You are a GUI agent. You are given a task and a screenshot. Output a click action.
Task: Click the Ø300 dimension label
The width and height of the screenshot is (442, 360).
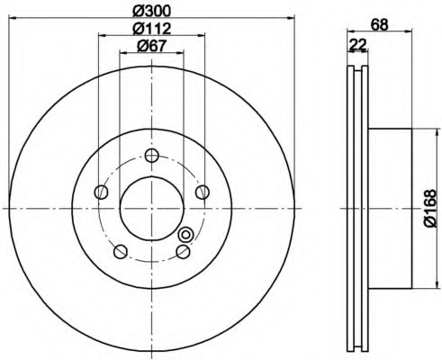click(151, 11)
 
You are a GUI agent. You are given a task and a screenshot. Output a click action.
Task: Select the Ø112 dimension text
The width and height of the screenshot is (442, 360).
click(152, 29)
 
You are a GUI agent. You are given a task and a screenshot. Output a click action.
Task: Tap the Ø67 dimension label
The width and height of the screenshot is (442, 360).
click(151, 46)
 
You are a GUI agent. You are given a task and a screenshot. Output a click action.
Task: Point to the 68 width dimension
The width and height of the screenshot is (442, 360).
click(379, 24)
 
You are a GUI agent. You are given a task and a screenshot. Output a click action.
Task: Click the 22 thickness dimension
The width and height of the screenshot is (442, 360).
click(358, 45)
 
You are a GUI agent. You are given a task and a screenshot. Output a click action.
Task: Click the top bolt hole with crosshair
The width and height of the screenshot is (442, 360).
click(151, 156)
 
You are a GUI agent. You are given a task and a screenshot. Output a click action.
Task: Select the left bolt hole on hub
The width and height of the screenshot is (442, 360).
click(101, 192)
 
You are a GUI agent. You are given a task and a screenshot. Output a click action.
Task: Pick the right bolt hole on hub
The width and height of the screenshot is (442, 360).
click(203, 192)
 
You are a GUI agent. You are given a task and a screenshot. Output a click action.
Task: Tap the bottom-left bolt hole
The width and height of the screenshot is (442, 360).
click(121, 251)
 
